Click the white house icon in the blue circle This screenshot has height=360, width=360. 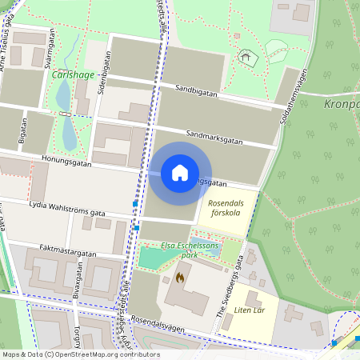[x=180, y=173]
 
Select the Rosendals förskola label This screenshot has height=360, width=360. [x=226, y=208]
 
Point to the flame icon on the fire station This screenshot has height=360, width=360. [x=178, y=278]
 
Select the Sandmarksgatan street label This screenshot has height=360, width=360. [x=213, y=138]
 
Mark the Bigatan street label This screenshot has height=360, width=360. [x=23, y=132]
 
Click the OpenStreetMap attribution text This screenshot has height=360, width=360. [x=80, y=354]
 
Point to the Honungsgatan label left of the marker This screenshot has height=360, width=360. [x=66, y=162]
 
